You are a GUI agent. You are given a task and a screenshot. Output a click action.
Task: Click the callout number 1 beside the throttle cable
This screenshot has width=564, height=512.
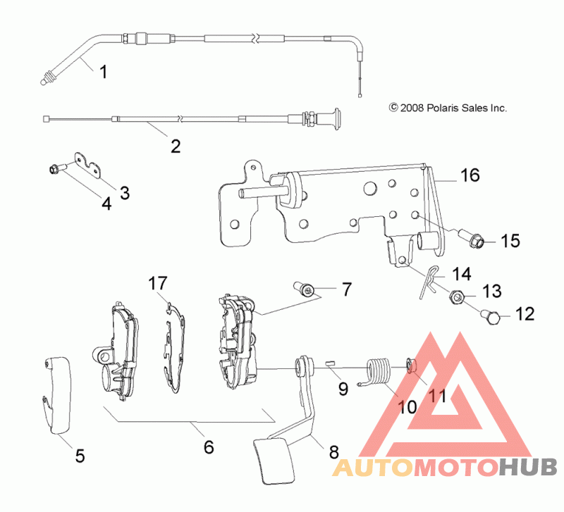point(103,72)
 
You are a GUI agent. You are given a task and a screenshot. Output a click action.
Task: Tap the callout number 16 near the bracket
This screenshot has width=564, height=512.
point(470,175)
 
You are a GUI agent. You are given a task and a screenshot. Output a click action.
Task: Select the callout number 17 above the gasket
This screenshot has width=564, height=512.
point(158,283)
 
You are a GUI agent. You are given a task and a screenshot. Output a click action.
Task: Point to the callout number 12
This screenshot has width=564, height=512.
point(525,314)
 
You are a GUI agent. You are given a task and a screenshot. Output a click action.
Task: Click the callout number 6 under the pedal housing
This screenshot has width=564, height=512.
point(209,447)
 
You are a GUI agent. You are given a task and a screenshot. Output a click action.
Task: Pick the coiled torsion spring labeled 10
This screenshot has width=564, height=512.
point(378,372)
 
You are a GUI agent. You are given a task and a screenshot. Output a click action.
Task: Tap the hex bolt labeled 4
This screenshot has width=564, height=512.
point(56,168)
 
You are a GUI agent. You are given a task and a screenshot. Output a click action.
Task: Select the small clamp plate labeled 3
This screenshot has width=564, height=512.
point(87,165)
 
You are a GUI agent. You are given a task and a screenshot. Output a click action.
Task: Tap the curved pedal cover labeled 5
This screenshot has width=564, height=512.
point(57,395)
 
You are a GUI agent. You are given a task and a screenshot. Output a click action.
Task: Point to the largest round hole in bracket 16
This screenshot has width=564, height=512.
point(369,188)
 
